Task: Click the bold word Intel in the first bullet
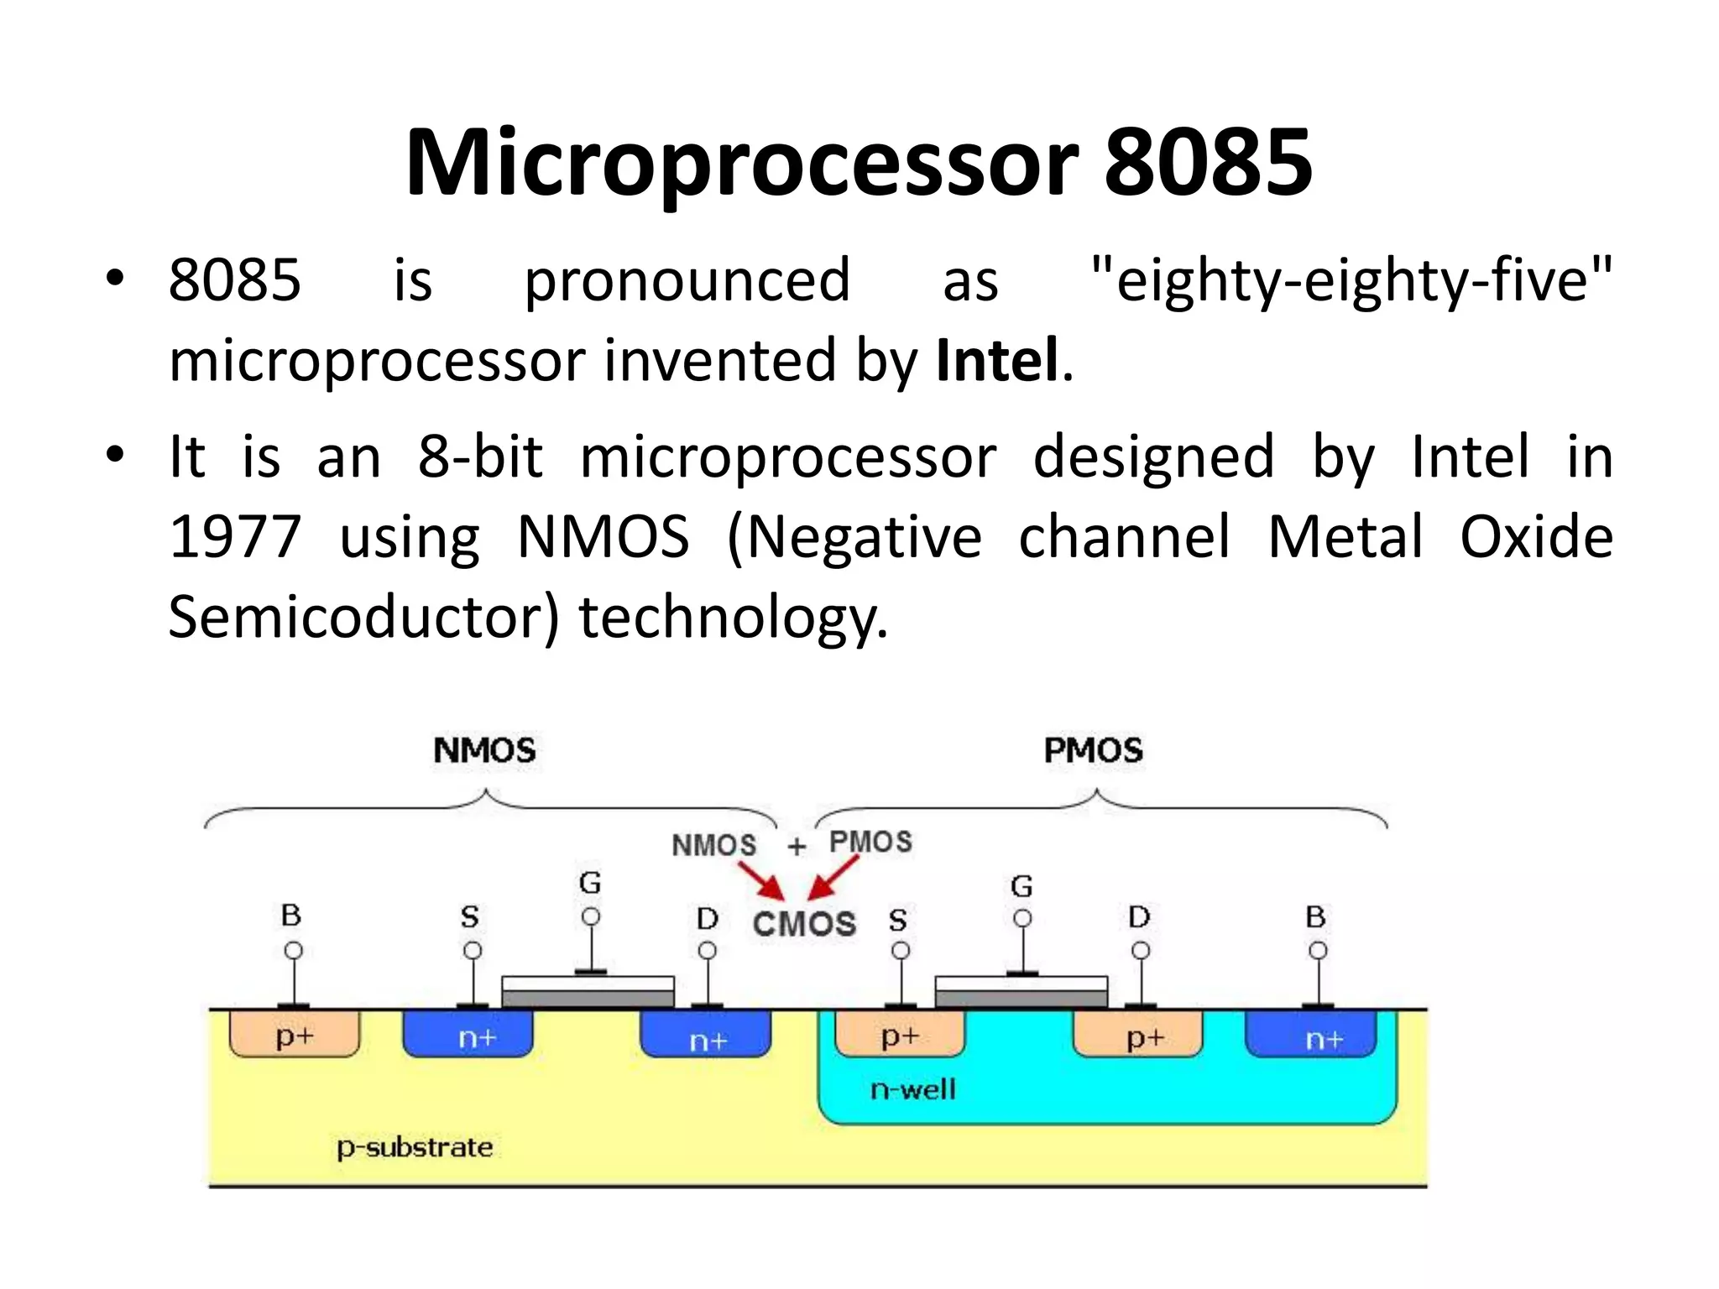coord(997,361)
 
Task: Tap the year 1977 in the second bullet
coord(235,537)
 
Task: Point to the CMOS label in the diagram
coord(804,924)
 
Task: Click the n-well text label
coord(913,1089)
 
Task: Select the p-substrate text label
coord(415,1147)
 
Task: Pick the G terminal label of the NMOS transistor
coord(590,883)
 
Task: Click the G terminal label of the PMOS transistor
coord(1021,886)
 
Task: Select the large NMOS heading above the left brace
coord(484,750)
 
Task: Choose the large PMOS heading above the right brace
coord(1093,750)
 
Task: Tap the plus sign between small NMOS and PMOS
coord(797,846)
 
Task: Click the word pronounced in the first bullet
coord(687,280)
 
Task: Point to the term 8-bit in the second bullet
coord(480,457)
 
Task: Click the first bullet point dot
coord(115,278)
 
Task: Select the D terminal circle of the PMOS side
coord(1141,951)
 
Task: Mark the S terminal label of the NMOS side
coord(470,917)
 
